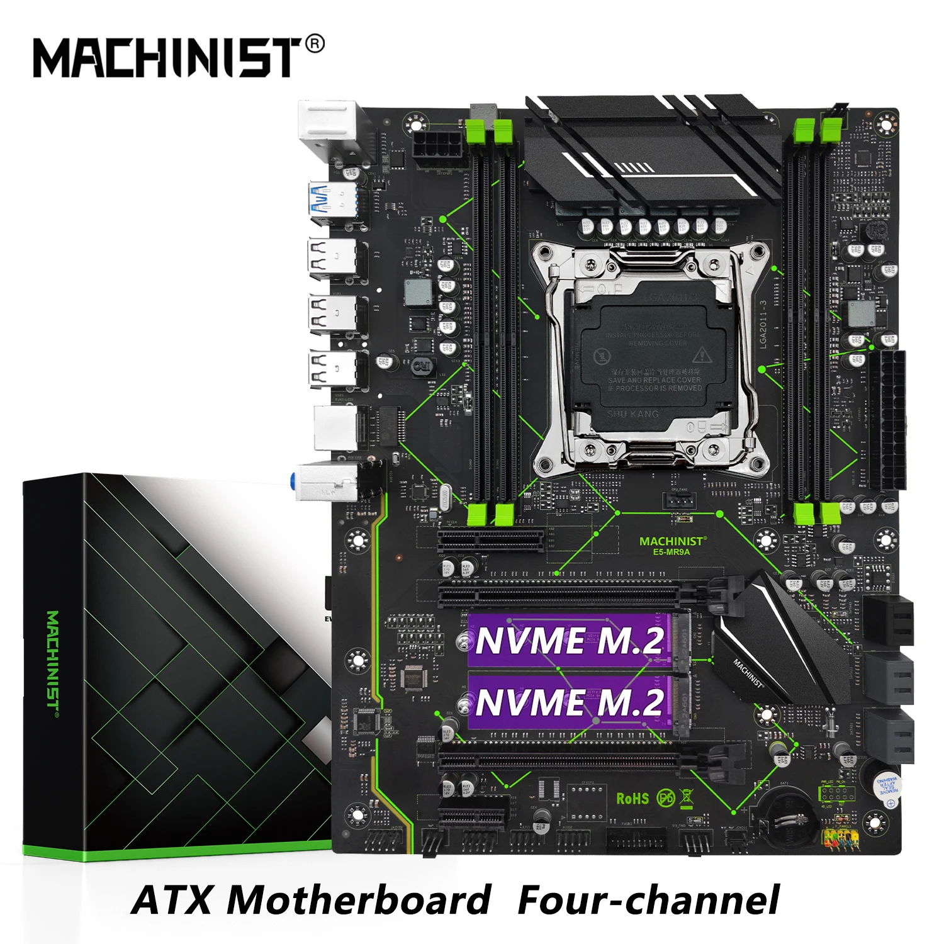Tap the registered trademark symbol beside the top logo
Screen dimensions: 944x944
click(315, 44)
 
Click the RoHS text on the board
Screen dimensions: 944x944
click(632, 799)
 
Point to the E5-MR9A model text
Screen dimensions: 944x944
click(671, 552)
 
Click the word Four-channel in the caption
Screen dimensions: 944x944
click(648, 900)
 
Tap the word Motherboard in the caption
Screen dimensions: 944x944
click(359, 900)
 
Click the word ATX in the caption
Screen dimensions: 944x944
click(171, 900)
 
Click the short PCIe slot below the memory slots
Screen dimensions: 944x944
click(491, 540)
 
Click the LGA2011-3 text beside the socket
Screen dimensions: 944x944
click(763, 324)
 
